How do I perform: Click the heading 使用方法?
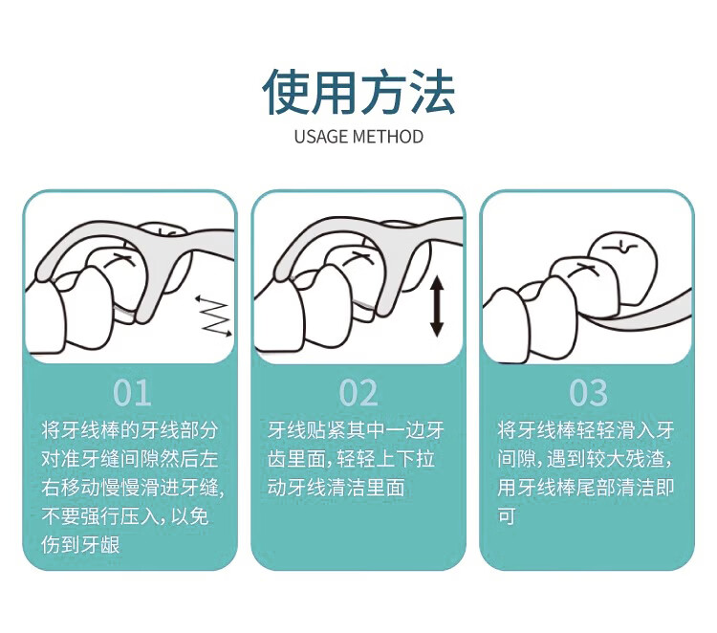[x=358, y=92]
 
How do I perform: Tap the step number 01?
[x=132, y=393]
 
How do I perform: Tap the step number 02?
[x=358, y=393]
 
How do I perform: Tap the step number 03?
[x=588, y=393]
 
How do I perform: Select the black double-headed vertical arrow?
[x=437, y=306]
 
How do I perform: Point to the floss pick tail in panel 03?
[x=641, y=315]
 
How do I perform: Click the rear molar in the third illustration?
[x=622, y=268]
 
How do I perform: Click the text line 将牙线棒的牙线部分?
[x=129, y=430]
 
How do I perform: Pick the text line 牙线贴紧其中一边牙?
[x=357, y=430]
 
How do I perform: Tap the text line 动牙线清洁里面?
[x=337, y=488]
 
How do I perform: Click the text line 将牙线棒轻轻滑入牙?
[x=586, y=430]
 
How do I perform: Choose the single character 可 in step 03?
[x=507, y=516]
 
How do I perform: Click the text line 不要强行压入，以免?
[x=125, y=516]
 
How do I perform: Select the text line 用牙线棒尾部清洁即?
[x=586, y=488]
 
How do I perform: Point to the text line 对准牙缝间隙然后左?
[x=129, y=459]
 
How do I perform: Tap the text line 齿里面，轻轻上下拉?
[x=351, y=459]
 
